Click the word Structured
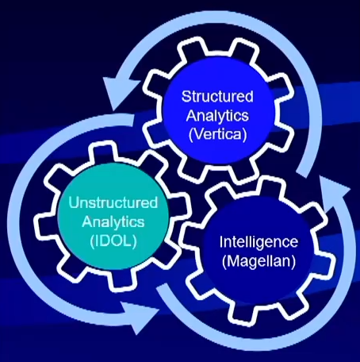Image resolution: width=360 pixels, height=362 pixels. pos(217,96)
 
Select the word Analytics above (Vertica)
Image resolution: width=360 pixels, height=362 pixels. pos(217,116)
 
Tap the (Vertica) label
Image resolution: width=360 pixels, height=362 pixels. pos(218,134)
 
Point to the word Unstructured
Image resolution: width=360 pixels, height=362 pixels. pos(113,202)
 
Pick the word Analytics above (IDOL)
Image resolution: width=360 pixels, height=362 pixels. pos(113,221)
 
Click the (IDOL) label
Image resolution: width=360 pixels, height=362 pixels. pos(113,241)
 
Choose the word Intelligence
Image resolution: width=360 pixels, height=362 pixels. pos(259,242)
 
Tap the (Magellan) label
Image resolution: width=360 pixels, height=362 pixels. pos(259,261)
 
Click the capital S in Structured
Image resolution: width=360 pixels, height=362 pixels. pos(186,96)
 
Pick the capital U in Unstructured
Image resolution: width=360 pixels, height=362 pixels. pos(74,202)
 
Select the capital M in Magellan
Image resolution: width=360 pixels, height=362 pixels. pos(233,261)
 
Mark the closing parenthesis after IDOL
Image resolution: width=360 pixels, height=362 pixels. pos(135,241)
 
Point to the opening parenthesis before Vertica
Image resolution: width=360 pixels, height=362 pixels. pos(191,135)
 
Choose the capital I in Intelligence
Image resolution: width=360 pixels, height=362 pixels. pos(221,241)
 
